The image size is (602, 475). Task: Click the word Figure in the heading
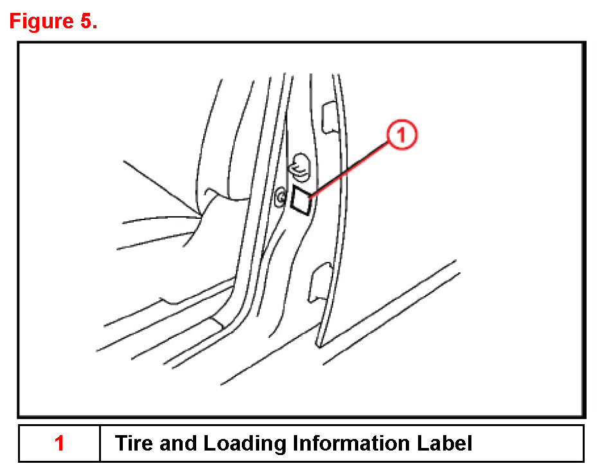(x=41, y=21)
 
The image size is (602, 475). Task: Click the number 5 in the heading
(x=86, y=21)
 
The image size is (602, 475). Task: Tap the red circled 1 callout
(x=401, y=135)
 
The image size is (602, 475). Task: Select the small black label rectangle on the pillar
(x=301, y=199)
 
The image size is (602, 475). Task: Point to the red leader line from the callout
(x=349, y=169)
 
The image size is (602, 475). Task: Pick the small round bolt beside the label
(x=281, y=197)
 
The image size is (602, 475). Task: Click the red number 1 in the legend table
(x=59, y=443)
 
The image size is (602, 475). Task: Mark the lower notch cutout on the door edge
(x=320, y=283)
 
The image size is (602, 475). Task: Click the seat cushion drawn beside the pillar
(x=161, y=230)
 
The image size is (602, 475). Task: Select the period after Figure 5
(x=95, y=27)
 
